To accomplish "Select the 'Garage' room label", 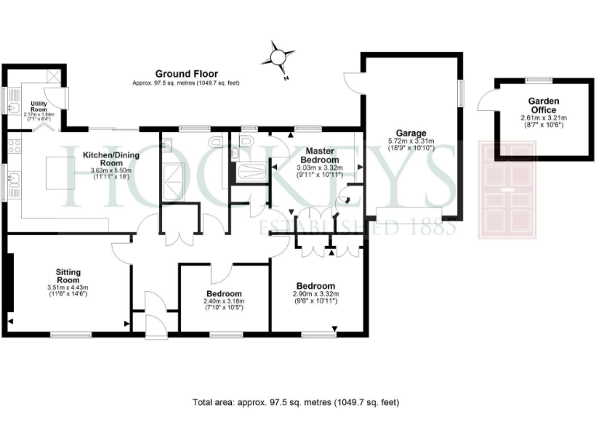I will (411, 133).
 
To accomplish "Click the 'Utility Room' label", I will (39, 107).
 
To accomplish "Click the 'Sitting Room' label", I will (68, 276).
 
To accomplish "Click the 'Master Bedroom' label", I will (319, 154).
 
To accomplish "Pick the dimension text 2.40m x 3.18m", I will (224, 301).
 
